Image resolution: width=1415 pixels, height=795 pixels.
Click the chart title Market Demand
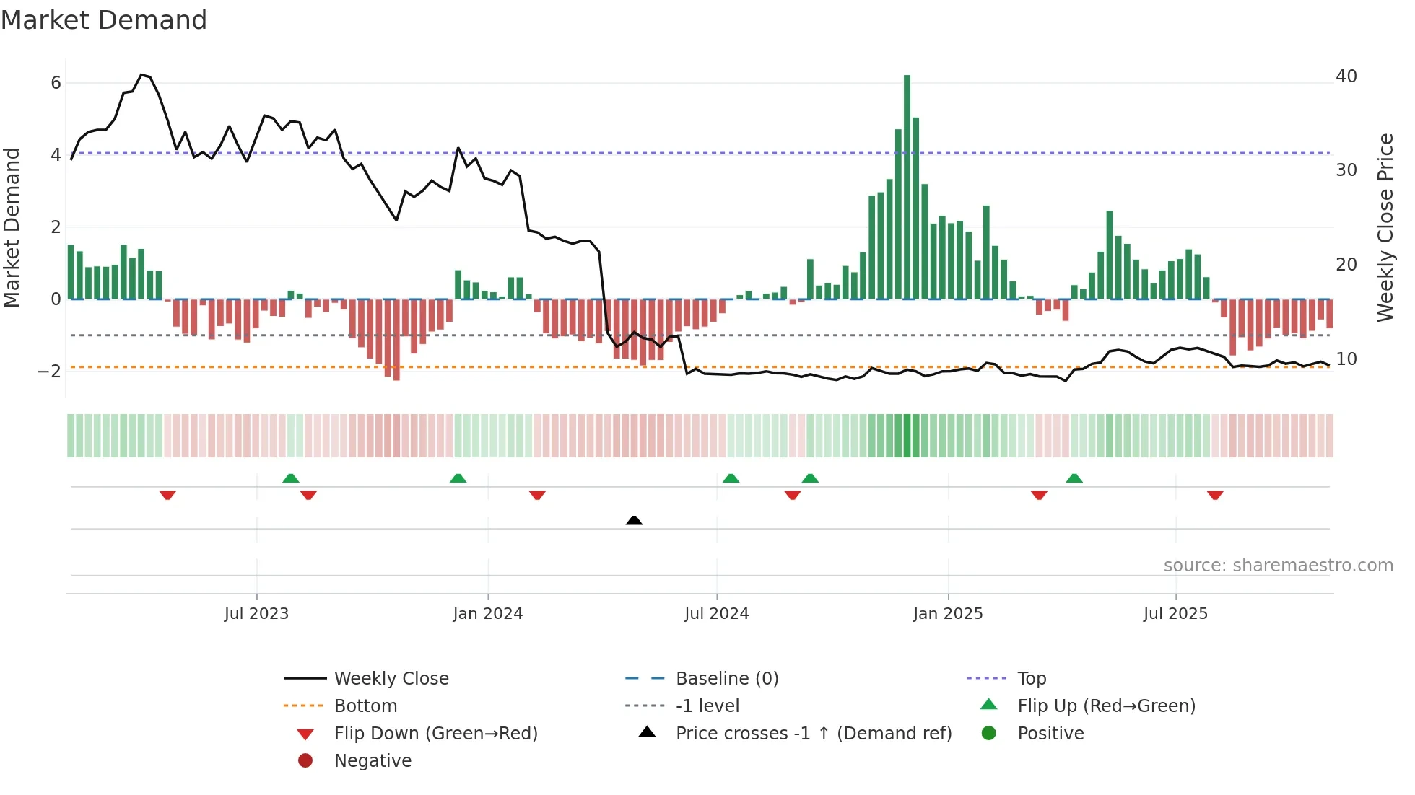pyautogui.click(x=104, y=20)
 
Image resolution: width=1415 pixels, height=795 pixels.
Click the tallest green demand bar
pyautogui.click(x=907, y=188)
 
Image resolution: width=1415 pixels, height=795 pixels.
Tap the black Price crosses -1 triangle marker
pyautogui.click(x=634, y=520)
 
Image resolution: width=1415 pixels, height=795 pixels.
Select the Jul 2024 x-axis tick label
pyautogui.click(x=716, y=614)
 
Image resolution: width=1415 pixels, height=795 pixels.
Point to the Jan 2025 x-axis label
pyautogui.click(x=947, y=614)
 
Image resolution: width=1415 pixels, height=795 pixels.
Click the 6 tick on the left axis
pyautogui.click(x=56, y=83)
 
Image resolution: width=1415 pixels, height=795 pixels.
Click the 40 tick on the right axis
pyautogui.click(x=1346, y=76)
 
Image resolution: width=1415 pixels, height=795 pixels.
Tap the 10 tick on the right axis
pyautogui.click(x=1346, y=359)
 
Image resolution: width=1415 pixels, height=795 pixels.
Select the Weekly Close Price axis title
pyautogui.click(x=1385, y=227)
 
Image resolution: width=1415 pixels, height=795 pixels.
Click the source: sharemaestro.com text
pyautogui.click(x=1278, y=566)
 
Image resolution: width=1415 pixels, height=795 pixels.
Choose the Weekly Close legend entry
pyautogui.click(x=391, y=679)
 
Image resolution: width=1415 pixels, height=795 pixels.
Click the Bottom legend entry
pyautogui.click(x=365, y=706)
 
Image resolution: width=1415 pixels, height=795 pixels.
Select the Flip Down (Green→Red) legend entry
pyautogui.click(x=435, y=734)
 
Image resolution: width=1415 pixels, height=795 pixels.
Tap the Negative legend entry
pyautogui.click(x=373, y=761)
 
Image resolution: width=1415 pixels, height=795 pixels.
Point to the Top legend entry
pyautogui.click(x=1031, y=679)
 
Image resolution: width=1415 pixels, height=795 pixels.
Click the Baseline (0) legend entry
pyautogui.click(x=726, y=679)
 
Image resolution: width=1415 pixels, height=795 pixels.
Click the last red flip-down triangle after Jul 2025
pyautogui.click(x=1215, y=495)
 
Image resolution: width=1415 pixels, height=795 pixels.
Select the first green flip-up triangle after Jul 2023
pyautogui.click(x=290, y=478)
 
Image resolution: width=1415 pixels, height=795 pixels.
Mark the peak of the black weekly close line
pyautogui.click(x=142, y=74)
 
